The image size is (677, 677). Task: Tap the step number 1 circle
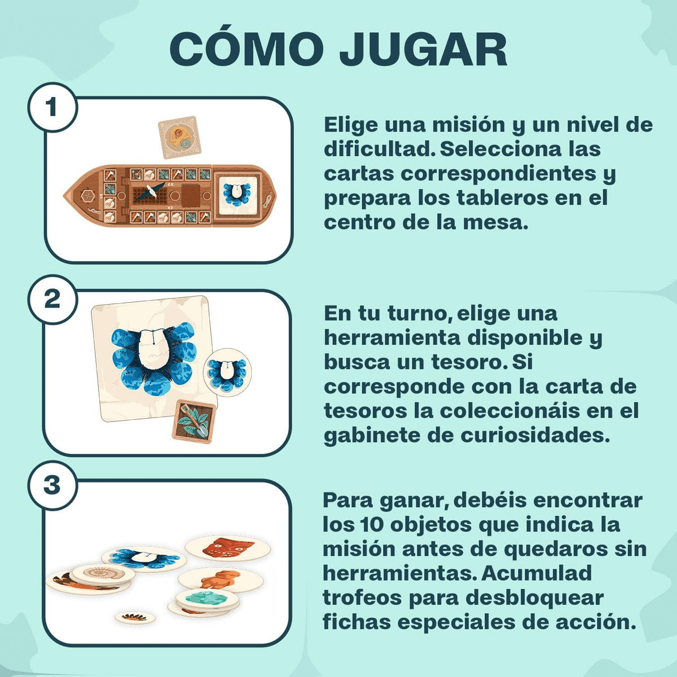tap(52, 107)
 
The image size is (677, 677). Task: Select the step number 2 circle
tap(52, 300)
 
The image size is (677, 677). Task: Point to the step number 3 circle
tap(52, 485)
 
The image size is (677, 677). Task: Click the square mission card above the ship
tap(180, 137)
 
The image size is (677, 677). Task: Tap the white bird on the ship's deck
tap(151, 190)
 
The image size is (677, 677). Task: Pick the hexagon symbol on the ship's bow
tap(86, 195)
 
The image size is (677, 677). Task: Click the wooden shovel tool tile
tap(194, 421)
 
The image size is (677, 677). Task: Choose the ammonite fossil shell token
tap(103, 574)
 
